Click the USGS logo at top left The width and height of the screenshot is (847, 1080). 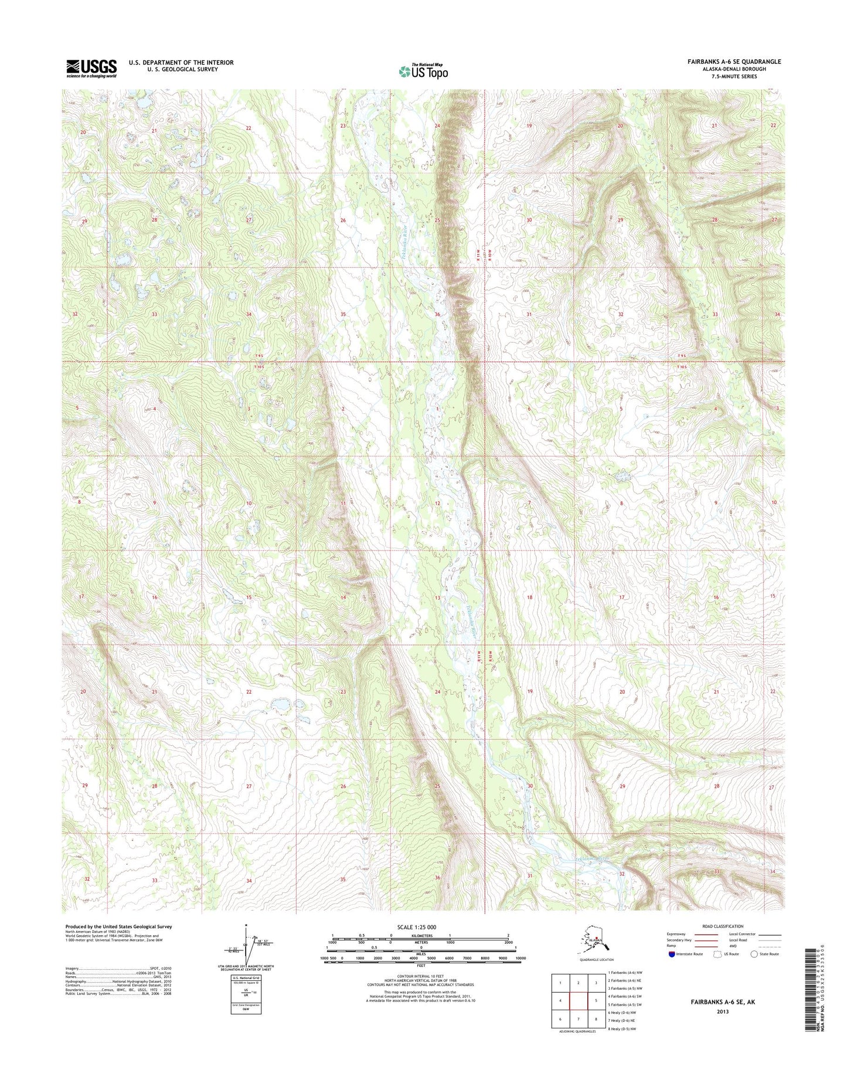coord(91,68)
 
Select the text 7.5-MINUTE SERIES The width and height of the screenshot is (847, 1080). coord(734,76)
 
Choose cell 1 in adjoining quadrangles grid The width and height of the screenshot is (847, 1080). coord(560,983)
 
